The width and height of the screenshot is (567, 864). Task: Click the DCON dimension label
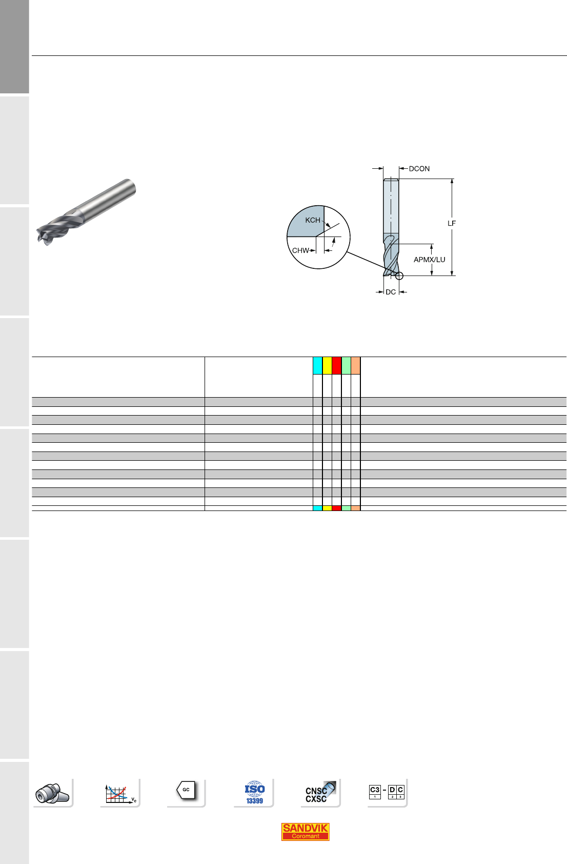pyautogui.click(x=419, y=169)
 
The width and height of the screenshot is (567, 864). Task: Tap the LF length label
pyautogui.click(x=451, y=223)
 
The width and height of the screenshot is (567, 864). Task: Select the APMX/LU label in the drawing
pyautogui.click(x=430, y=260)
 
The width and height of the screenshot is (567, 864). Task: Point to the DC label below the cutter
pyautogui.click(x=391, y=292)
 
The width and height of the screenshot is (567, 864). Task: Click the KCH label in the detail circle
pyautogui.click(x=313, y=220)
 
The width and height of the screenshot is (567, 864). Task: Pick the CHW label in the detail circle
pyautogui.click(x=300, y=250)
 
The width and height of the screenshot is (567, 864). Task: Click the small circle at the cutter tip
pyautogui.click(x=399, y=276)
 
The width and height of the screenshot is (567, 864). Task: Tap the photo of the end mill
pyautogui.click(x=86, y=211)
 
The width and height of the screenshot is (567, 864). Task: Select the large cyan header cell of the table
pyautogui.click(x=318, y=366)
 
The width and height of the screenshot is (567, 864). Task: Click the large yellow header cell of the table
pyautogui.click(x=327, y=366)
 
